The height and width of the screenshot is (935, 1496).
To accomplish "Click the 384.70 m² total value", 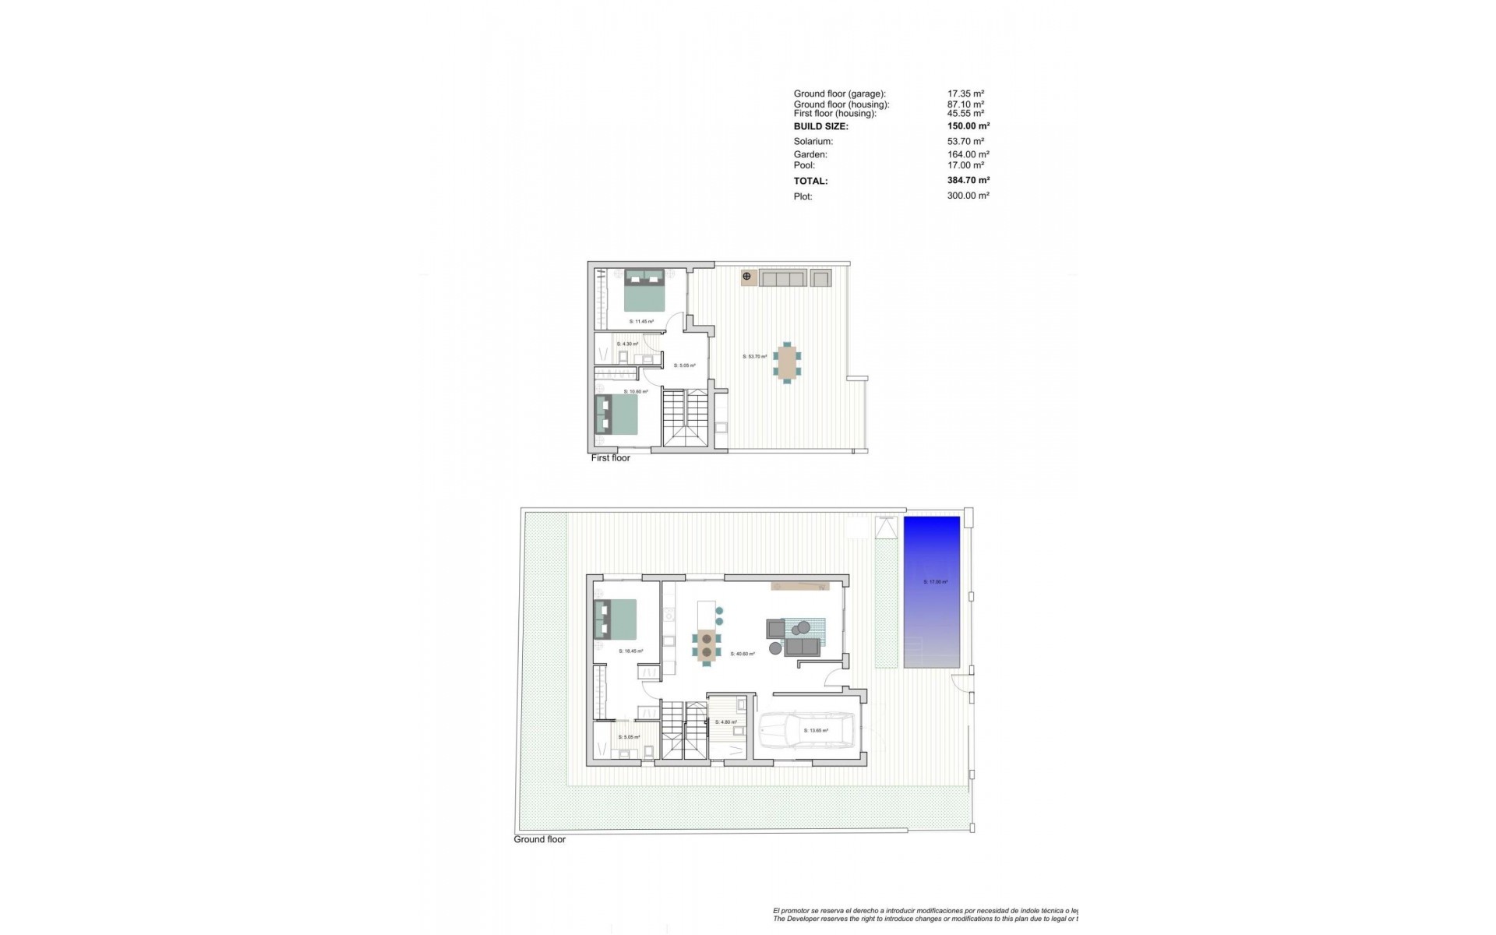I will click(969, 181).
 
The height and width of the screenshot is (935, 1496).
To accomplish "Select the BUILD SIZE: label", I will click(820, 126).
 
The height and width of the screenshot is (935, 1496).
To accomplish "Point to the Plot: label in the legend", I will click(803, 196).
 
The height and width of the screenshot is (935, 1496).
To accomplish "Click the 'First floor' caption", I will click(610, 458).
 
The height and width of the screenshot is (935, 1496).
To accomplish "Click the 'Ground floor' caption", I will click(539, 839).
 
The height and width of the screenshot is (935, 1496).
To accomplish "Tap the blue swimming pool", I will click(932, 591).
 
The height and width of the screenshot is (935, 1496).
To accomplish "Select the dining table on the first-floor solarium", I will click(787, 362).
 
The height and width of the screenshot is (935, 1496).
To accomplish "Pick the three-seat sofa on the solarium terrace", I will click(782, 278).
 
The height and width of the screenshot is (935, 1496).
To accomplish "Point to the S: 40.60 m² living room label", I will click(743, 654).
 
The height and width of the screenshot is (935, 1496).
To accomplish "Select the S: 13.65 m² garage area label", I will click(816, 731).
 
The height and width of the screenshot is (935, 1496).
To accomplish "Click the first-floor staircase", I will click(686, 418).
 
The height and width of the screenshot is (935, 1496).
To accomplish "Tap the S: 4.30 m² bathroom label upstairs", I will click(627, 344).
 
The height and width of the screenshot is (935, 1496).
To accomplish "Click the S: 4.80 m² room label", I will click(725, 722).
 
